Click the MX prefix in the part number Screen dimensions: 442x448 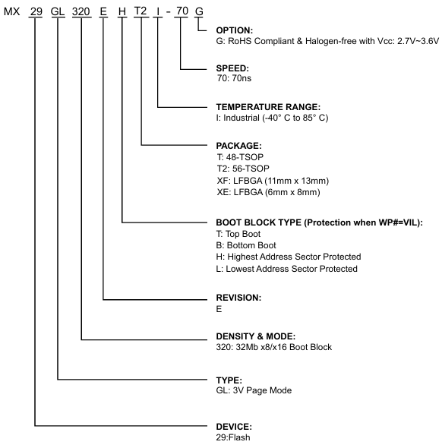pos(11,11)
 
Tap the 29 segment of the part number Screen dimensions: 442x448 pos(36,11)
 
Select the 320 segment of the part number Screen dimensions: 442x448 pos(81,11)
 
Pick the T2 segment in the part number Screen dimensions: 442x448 pos(140,11)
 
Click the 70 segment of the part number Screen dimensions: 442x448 pos(182,11)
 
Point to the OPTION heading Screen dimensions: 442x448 pos(234,30)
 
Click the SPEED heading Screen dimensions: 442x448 pos(232,68)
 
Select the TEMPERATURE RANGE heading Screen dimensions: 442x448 pos(268,107)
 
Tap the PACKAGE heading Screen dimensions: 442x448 pos(239,146)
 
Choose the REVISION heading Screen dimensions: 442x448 pos(238,298)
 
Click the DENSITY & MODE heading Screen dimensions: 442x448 pos(256,336)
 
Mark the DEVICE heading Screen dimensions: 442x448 pos(234,427)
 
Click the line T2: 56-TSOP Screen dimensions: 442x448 pos(243,169)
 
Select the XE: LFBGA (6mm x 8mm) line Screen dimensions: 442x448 pos(268,192)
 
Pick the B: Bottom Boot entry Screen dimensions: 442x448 pos(246,245)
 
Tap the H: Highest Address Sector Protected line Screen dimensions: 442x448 pos(289,257)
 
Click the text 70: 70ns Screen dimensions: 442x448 pos(234,78)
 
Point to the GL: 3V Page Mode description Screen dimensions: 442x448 pos(254,390)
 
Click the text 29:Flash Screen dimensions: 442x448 pos(233,437)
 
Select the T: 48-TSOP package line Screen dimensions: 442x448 pos(240,157)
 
